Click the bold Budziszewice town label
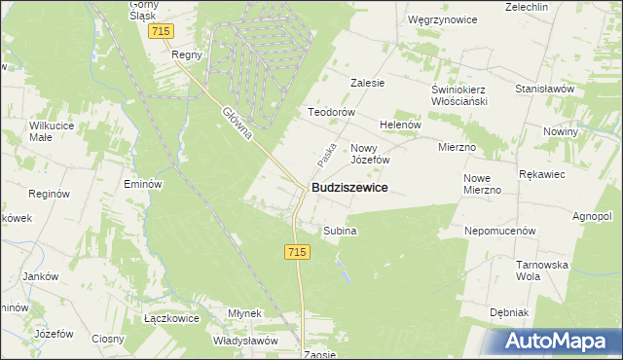349,187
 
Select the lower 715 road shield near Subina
298,252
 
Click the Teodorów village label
329,112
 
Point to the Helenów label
399,126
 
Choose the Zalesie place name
368,84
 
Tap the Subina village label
341,232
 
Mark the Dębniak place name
508,313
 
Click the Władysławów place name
246,341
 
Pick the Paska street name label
326,152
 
